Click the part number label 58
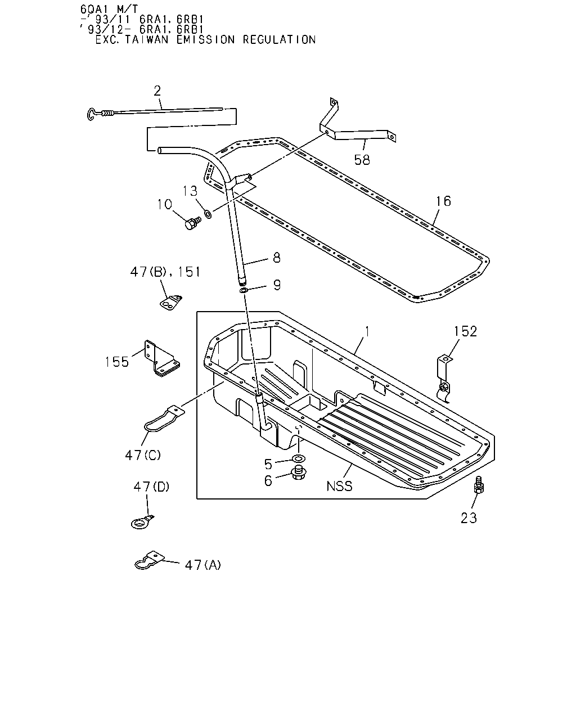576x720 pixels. (362, 160)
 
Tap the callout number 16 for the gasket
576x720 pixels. (443, 201)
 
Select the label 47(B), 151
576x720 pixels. (165, 272)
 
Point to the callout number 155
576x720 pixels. (117, 362)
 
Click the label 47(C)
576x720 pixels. (143, 454)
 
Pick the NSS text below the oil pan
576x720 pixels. (339, 486)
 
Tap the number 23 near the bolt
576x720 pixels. (469, 517)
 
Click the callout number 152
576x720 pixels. (466, 331)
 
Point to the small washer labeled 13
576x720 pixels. (208, 214)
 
